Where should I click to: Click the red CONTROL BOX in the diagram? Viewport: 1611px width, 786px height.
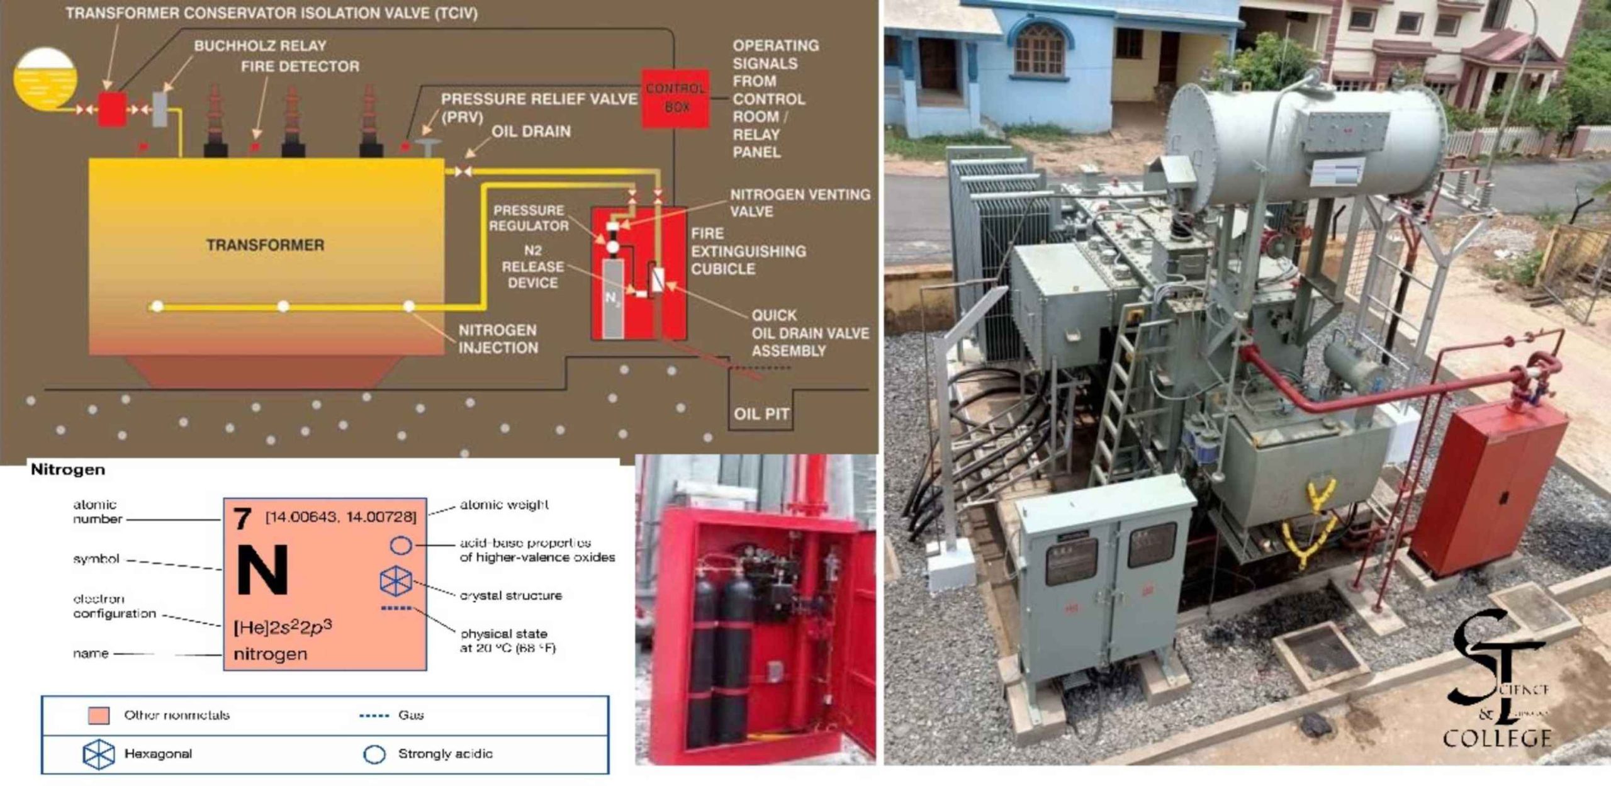675,98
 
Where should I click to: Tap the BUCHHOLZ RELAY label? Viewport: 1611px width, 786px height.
260,46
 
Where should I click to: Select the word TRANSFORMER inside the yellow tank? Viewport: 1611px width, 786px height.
265,245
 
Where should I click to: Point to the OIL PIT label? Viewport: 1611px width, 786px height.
761,414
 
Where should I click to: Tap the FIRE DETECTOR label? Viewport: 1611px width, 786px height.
300,66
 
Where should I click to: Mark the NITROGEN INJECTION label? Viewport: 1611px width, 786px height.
498,339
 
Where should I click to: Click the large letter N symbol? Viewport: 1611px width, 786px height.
262,570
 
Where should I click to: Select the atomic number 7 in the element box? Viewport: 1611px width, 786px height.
242,519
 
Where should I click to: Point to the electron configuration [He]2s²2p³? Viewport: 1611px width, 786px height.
283,627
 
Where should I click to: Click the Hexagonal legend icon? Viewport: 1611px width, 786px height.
99,754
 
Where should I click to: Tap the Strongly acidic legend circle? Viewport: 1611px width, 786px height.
374,754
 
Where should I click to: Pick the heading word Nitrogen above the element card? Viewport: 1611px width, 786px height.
68,469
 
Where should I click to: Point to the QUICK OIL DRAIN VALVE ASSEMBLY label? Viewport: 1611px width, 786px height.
809,333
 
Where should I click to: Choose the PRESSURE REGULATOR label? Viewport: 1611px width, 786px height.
529,218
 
